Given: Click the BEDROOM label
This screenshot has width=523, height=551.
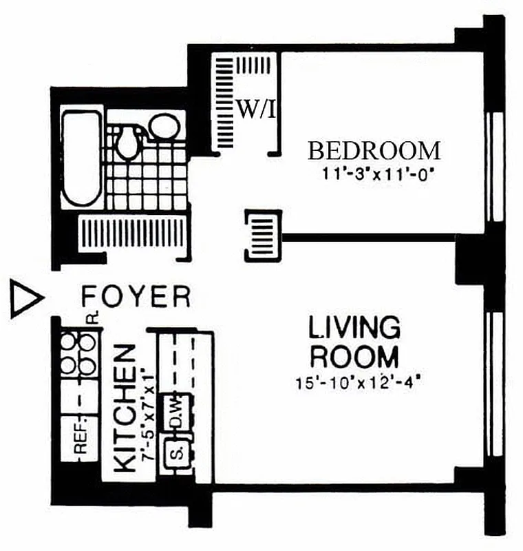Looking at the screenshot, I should (x=374, y=150).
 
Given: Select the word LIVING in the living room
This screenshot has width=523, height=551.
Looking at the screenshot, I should (x=354, y=328).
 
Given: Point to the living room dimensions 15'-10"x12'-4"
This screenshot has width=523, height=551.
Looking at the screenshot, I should (x=357, y=382).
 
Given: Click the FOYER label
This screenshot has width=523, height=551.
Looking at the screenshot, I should (x=136, y=297).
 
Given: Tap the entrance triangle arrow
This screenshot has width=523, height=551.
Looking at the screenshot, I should (x=25, y=298).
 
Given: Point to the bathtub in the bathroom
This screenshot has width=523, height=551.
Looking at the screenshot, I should (x=81, y=158).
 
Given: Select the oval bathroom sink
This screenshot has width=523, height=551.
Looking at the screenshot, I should (x=164, y=127).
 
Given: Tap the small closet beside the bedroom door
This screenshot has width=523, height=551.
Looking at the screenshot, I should (x=263, y=235).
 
